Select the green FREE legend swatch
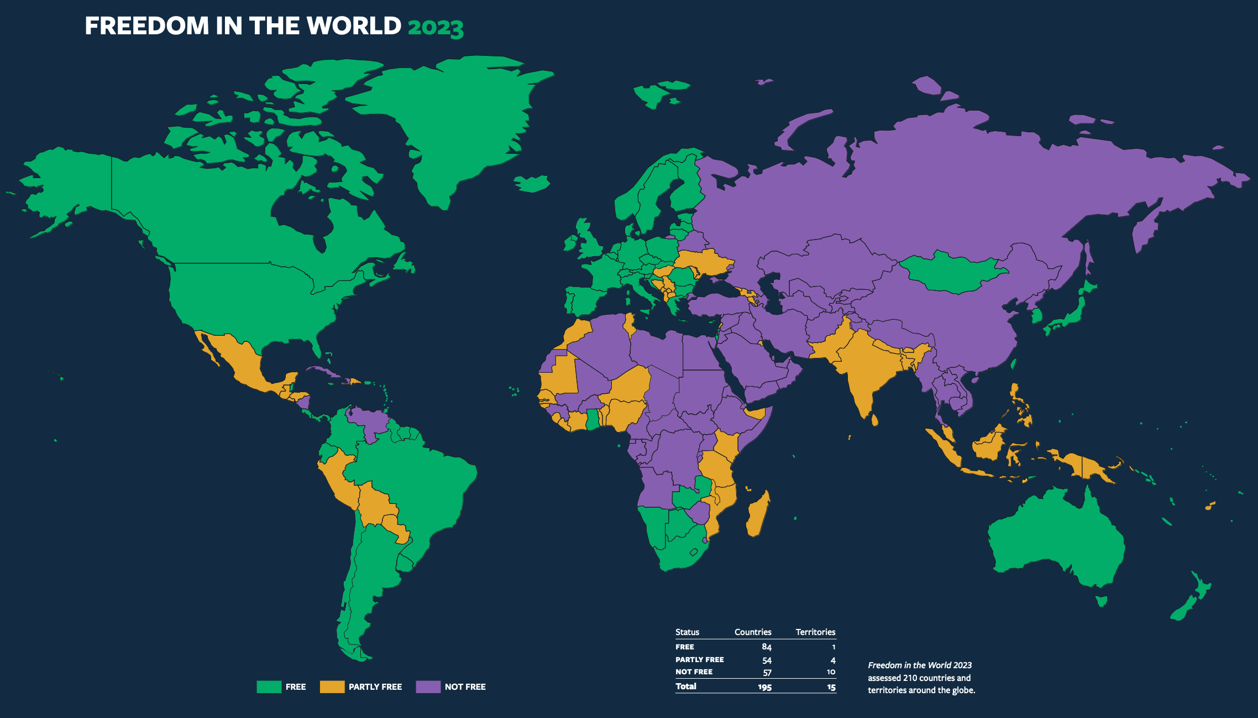269,686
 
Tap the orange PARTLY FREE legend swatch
332,686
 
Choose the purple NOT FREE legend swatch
428,686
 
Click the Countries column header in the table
752,632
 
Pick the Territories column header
815,632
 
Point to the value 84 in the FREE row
766,647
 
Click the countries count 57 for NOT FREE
767,673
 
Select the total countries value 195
764,687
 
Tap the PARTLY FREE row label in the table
699,659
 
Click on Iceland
532,184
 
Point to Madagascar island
758,514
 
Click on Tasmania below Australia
1101,601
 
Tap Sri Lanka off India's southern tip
874,420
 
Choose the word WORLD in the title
354,26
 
